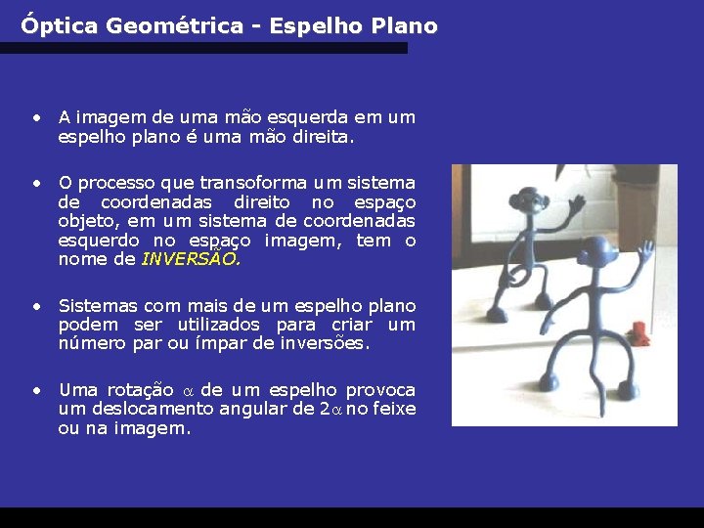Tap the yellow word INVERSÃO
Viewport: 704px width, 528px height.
coord(191,259)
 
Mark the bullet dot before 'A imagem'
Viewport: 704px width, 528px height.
coord(35,117)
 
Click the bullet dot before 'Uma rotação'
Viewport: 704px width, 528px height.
coord(35,389)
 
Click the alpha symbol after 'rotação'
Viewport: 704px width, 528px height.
coord(190,390)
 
